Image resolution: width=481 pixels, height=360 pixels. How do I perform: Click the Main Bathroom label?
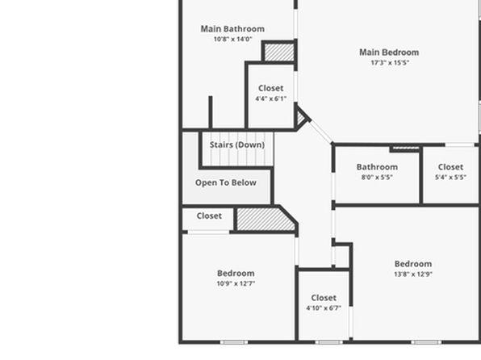[x=232, y=29]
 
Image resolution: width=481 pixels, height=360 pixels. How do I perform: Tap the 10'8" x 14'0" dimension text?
[x=232, y=39]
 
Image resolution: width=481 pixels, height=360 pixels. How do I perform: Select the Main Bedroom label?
[x=389, y=52]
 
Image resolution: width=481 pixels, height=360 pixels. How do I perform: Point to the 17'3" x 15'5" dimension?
[x=390, y=63]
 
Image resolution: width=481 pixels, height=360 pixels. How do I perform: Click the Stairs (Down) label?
[x=237, y=144]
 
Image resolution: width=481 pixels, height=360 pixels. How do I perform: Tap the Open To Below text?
[x=226, y=182]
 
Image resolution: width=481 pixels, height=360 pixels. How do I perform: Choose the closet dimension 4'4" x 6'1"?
[x=271, y=98]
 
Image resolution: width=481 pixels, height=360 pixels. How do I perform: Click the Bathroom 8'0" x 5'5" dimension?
[x=377, y=177]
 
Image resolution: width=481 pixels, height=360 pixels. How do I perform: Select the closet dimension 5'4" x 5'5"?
[x=450, y=177]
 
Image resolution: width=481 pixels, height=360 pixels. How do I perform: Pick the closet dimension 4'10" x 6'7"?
[x=324, y=308]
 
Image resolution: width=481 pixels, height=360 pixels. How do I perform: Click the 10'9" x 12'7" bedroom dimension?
[x=236, y=283]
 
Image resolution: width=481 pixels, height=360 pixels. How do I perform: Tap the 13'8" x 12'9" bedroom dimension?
[x=413, y=274]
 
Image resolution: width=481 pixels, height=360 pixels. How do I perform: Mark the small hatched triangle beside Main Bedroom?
[x=301, y=118]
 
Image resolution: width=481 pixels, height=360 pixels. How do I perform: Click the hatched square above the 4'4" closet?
[x=279, y=52]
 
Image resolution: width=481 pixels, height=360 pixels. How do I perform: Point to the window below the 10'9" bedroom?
[x=234, y=342]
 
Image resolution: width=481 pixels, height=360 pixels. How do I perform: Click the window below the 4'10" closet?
[x=328, y=342]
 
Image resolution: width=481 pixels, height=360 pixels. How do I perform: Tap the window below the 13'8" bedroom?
[x=426, y=342]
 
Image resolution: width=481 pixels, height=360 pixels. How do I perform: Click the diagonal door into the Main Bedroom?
[x=321, y=132]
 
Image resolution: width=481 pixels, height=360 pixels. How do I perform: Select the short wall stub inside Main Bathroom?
[x=211, y=112]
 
